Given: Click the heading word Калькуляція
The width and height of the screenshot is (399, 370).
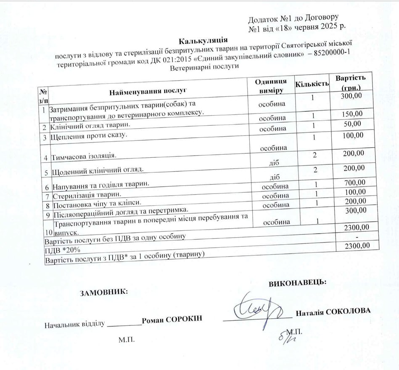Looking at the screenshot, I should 203,41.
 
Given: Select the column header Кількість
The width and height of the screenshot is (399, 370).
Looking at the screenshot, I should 312,84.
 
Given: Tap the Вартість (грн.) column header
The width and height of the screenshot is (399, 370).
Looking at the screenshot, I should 350,83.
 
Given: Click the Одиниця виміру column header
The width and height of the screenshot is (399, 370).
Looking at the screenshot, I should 271,86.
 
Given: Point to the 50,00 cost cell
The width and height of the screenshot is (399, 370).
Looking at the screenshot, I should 352,124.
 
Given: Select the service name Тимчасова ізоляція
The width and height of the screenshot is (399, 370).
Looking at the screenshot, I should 83,157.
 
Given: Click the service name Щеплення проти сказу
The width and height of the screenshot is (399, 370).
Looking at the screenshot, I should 88,136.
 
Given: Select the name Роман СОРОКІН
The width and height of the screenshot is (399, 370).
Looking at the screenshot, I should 172,319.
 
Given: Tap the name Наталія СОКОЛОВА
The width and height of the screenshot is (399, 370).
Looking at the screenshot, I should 333,312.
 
